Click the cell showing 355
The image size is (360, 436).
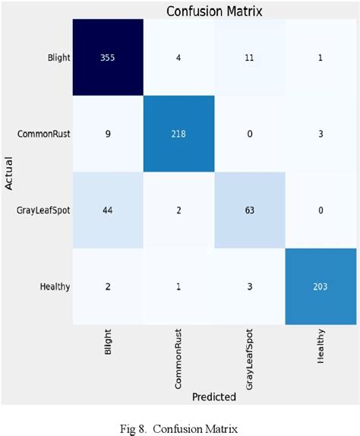[x=108, y=58]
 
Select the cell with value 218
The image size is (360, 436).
[x=179, y=134]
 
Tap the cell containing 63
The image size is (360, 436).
[x=250, y=210]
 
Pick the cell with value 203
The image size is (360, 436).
[x=321, y=286]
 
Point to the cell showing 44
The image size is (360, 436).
[x=108, y=210]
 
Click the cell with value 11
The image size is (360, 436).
[x=250, y=58]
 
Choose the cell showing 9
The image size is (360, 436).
[x=108, y=134]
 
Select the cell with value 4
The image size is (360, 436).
[x=179, y=58]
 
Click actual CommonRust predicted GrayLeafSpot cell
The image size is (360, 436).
[x=250, y=134]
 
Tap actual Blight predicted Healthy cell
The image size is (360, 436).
[x=321, y=58]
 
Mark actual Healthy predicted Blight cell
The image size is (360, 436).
[x=108, y=286]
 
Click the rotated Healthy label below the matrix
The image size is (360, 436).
[x=321, y=347]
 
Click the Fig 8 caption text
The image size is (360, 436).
[x=180, y=427]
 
